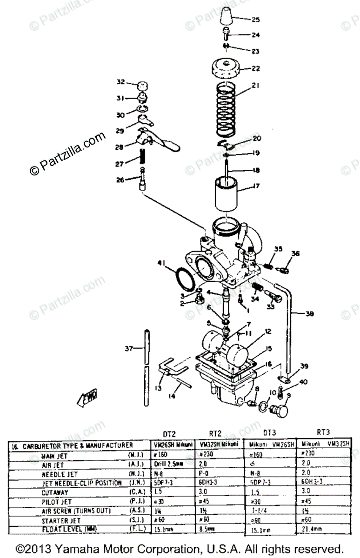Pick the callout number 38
[309, 314]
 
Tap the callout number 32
[120, 82]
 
